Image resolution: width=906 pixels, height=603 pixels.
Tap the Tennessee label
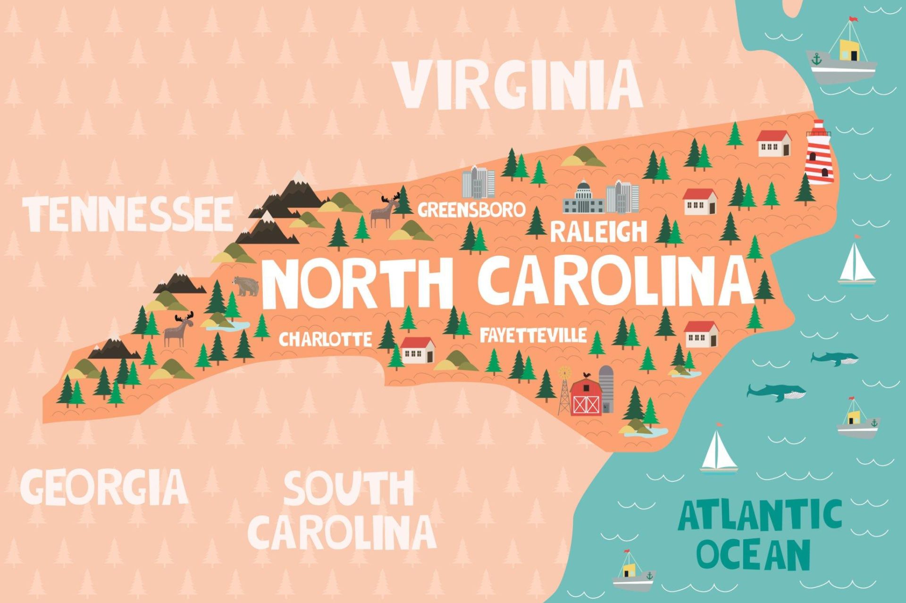(x=127, y=215)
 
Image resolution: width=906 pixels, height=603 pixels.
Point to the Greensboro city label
(x=471, y=209)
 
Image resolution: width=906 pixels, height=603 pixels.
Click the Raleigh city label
(x=598, y=232)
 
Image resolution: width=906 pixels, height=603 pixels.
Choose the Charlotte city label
(x=325, y=339)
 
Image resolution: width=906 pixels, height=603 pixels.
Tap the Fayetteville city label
(x=533, y=335)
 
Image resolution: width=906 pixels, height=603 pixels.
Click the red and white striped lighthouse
(x=819, y=153)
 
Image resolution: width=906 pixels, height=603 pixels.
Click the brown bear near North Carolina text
(x=246, y=286)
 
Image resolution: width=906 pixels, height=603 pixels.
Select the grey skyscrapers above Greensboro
(x=478, y=182)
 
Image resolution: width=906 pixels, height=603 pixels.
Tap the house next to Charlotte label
(x=418, y=350)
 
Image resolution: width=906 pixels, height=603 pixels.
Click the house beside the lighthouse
(x=774, y=143)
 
